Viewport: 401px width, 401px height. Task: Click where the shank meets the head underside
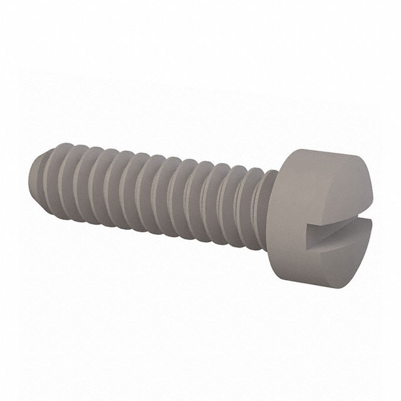[x=276, y=207]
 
